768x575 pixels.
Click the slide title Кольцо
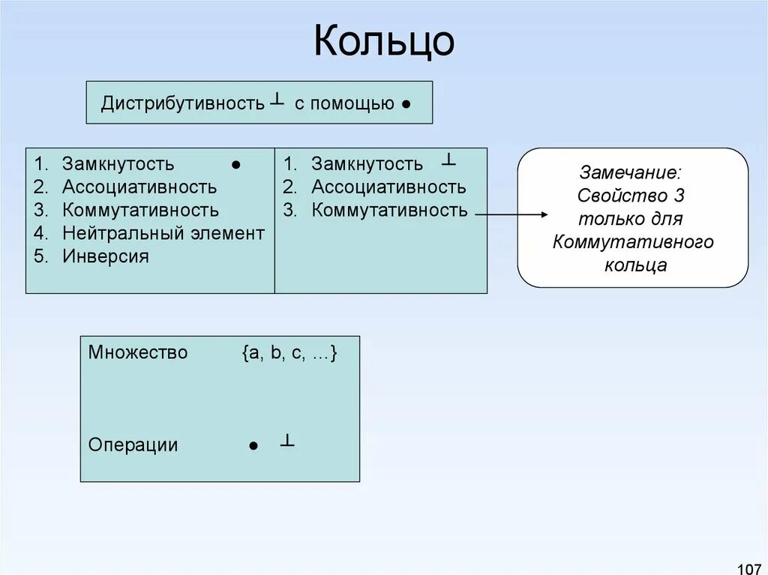tap(383, 41)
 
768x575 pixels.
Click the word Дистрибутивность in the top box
tap(183, 103)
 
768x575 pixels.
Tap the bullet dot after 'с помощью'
tap(405, 105)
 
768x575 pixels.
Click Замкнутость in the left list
tap(118, 163)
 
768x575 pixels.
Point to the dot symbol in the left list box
tap(235, 164)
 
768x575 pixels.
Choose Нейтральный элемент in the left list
tap(163, 233)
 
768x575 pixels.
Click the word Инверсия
tap(105, 256)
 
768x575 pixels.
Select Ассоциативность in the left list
tap(139, 187)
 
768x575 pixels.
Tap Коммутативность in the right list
tap(389, 210)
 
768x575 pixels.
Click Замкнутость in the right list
tap(367, 163)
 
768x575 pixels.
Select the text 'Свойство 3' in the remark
tap(631, 196)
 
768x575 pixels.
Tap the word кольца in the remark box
tap(635, 265)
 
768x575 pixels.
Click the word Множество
tap(138, 352)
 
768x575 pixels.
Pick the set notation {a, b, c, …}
tap(289, 353)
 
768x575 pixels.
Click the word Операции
tap(133, 445)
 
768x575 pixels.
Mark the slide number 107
tap(748, 562)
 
